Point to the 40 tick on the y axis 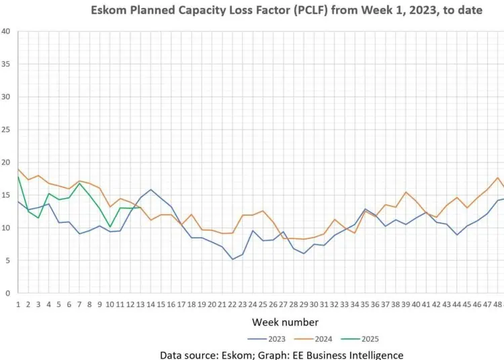click(x=5, y=31)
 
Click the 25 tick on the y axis click(x=5, y=130)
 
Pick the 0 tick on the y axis click(x=7, y=294)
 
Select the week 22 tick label click(x=233, y=304)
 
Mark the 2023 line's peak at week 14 click(x=151, y=189)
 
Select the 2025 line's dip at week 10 click(x=110, y=227)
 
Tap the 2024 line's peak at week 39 click(x=406, y=192)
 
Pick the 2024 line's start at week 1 click(x=18, y=169)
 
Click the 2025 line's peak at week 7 click(x=79, y=183)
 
